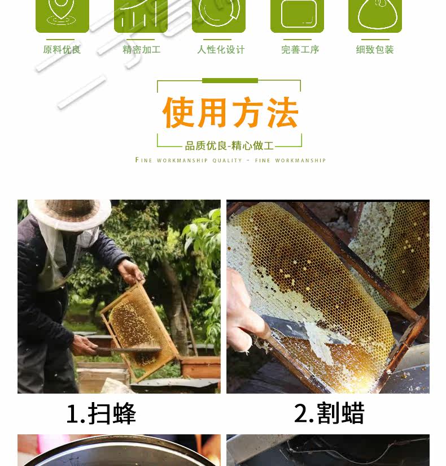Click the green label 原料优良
click(x=62, y=49)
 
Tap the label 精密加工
click(x=142, y=49)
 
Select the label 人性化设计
click(x=221, y=49)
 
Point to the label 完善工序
click(x=300, y=49)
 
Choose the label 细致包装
click(x=375, y=49)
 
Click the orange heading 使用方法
click(x=230, y=113)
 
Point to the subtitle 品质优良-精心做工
click(x=229, y=146)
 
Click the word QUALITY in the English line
click(x=228, y=161)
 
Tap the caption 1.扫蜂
click(x=101, y=413)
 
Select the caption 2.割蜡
click(x=329, y=413)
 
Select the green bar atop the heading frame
click(x=230, y=80)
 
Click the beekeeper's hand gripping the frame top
click(x=130, y=273)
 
